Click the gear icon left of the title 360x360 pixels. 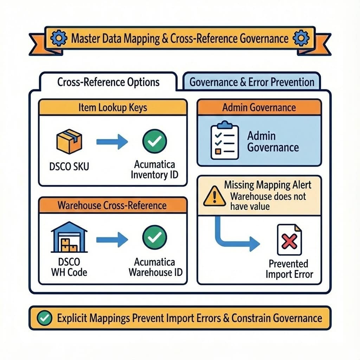pyautogui.click(x=57, y=38)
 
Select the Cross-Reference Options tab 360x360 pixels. pyautogui.click(x=108, y=82)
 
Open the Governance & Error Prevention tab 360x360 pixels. pyautogui.click(x=252, y=82)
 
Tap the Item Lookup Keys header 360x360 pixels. pyautogui.click(x=113, y=107)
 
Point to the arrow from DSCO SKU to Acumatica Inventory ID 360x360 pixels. pyautogui.click(x=112, y=142)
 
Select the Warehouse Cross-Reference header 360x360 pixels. pyautogui.click(x=113, y=205)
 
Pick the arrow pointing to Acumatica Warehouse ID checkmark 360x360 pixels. pyautogui.click(x=112, y=239)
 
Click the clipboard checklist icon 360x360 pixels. pyautogui.click(x=224, y=140)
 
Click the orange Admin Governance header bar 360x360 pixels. pyautogui.click(x=259, y=107)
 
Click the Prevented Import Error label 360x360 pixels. pyautogui.click(x=289, y=269)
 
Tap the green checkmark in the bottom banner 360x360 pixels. pyautogui.click(x=44, y=318)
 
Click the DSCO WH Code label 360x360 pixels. pyautogui.click(x=69, y=267)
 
